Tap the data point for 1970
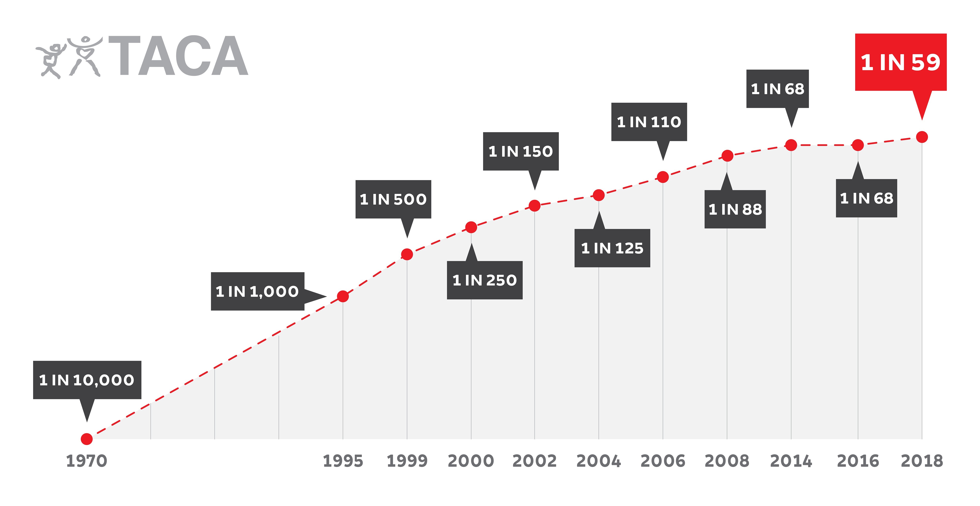pos(87,439)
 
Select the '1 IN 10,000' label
pos(87,380)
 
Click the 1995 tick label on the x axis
pos(343,461)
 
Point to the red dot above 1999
pos(407,254)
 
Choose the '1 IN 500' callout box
pos(393,199)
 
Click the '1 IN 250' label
pos(484,280)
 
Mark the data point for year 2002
pos(534,206)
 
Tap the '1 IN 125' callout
pos(612,248)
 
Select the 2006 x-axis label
pos(663,461)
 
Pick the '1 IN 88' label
pos(735,209)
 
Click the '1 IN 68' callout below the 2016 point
pos(866,198)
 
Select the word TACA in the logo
pos(179,56)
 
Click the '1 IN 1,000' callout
pos(258,291)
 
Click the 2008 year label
pos(727,461)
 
